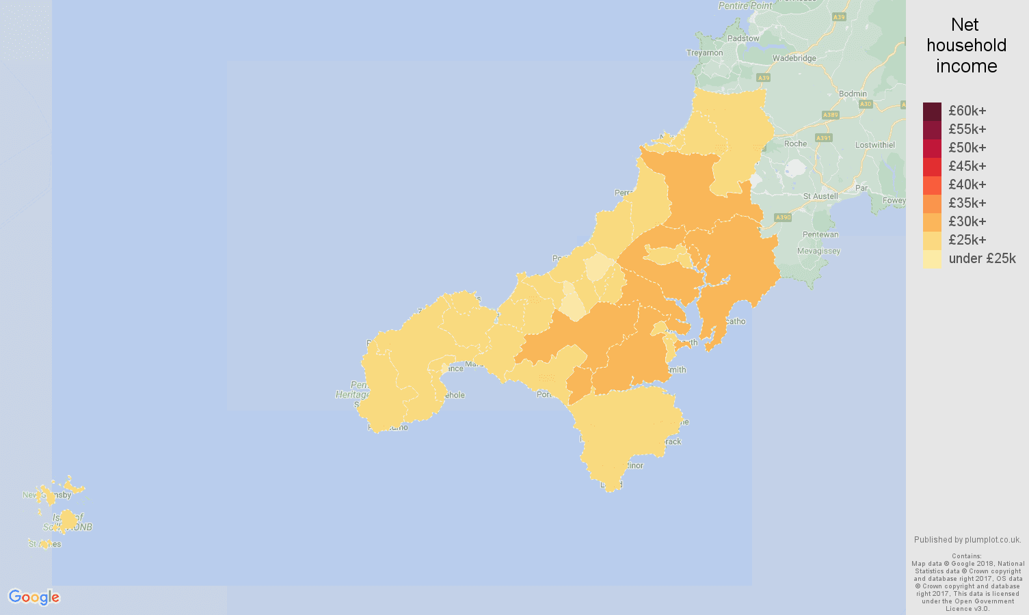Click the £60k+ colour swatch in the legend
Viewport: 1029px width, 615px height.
coord(932,111)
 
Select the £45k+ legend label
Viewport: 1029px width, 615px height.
coord(967,166)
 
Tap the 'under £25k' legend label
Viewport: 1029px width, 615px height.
coord(982,258)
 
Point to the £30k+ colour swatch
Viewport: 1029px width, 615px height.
coord(932,221)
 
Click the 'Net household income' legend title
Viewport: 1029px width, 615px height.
coord(966,46)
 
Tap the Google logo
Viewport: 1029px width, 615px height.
coord(34,597)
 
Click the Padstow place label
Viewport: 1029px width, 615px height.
coord(743,38)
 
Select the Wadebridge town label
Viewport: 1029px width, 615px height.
coord(794,58)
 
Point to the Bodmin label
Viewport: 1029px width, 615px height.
coord(853,94)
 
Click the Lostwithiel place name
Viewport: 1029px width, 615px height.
coord(875,145)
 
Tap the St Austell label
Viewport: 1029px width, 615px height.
coord(820,196)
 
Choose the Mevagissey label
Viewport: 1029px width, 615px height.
coord(818,251)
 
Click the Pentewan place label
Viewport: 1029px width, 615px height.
coord(820,234)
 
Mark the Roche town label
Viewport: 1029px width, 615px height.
coord(796,143)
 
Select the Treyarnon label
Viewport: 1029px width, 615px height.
coord(705,53)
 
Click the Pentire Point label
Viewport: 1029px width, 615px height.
coord(745,5)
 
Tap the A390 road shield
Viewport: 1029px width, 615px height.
coord(783,217)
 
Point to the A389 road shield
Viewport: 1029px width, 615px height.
coord(831,115)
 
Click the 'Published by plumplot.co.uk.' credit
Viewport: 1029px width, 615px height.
coord(967,540)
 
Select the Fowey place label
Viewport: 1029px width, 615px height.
coord(894,200)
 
